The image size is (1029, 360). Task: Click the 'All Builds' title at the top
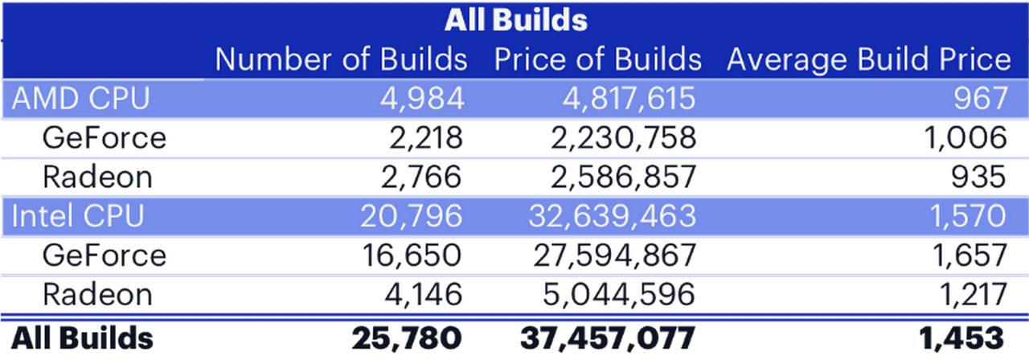pyautogui.click(x=516, y=20)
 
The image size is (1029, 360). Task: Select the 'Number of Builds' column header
pyautogui.click(x=342, y=59)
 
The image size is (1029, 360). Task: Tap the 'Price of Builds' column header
pyautogui.click(x=598, y=59)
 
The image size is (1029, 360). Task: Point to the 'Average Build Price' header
pyautogui.click(x=869, y=60)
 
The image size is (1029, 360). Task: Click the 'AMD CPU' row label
pyautogui.click(x=81, y=98)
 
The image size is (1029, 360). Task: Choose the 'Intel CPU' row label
pyautogui.click(x=78, y=216)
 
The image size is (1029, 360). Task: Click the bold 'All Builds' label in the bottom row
pyautogui.click(x=82, y=338)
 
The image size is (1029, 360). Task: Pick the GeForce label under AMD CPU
pyautogui.click(x=105, y=137)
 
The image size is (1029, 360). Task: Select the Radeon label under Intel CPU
pyautogui.click(x=97, y=294)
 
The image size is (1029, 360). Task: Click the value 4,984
pyautogui.click(x=422, y=99)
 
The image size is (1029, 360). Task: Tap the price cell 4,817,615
pyautogui.click(x=629, y=99)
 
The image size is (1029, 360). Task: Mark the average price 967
pyautogui.click(x=981, y=99)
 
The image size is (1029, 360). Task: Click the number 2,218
pyautogui.click(x=426, y=137)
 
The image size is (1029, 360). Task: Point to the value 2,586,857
pyautogui.click(x=623, y=178)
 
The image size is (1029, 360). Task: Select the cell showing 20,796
pyautogui.click(x=411, y=216)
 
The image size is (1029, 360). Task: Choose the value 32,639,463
pyautogui.click(x=613, y=216)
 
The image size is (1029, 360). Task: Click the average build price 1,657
pyautogui.click(x=970, y=256)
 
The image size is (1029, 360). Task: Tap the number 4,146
pyautogui.click(x=423, y=294)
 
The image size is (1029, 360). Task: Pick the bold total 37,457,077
pyautogui.click(x=608, y=338)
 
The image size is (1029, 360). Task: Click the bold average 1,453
pyautogui.click(x=961, y=338)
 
